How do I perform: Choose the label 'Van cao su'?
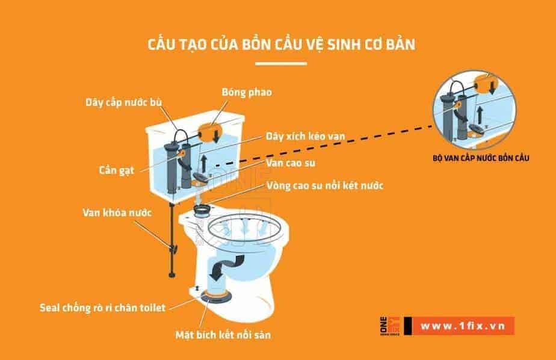[x=292, y=163]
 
